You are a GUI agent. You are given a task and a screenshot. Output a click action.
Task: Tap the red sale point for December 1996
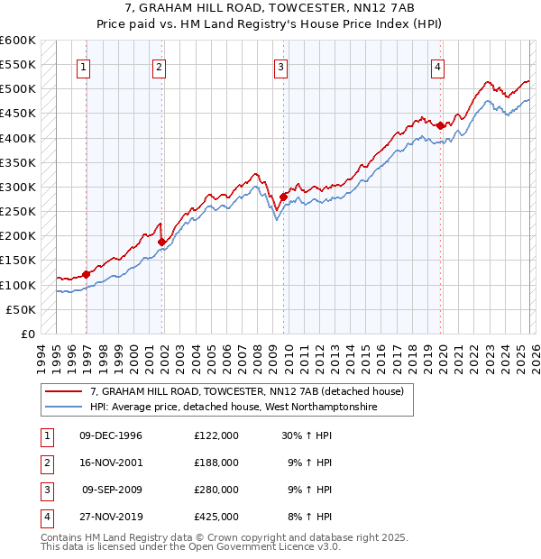click(87, 274)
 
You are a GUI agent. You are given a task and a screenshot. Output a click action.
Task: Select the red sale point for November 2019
click(441, 125)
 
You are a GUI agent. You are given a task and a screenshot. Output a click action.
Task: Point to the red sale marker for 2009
click(283, 197)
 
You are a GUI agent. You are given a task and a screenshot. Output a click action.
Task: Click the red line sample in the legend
click(65, 391)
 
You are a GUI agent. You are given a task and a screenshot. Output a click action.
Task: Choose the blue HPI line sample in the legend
click(65, 408)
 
